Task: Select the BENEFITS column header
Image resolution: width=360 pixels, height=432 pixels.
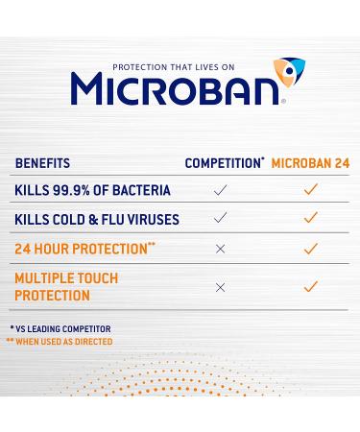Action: point(42,163)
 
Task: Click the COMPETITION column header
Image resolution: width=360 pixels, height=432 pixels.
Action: point(225,163)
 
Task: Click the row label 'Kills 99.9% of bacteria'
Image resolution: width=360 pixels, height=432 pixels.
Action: point(92,191)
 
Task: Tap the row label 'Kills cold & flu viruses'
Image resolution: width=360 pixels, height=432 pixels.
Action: point(97,219)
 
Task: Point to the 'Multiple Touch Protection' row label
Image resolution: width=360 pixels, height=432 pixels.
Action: point(64,286)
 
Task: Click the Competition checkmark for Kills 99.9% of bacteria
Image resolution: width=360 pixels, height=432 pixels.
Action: point(221,191)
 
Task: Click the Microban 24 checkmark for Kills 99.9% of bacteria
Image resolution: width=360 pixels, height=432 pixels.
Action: point(309,191)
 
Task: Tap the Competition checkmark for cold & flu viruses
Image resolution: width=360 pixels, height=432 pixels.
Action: point(221,219)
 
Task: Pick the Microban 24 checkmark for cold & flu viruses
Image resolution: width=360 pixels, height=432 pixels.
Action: point(309,219)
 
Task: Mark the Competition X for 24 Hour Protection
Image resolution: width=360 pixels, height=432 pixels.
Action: point(221,249)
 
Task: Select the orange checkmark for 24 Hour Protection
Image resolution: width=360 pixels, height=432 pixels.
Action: point(309,249)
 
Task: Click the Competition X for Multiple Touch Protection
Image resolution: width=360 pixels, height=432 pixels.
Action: point(221,287)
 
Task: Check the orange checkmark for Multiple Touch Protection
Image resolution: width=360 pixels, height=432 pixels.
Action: point(309,287)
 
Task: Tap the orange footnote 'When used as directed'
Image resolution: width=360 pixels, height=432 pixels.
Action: point(60,342)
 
